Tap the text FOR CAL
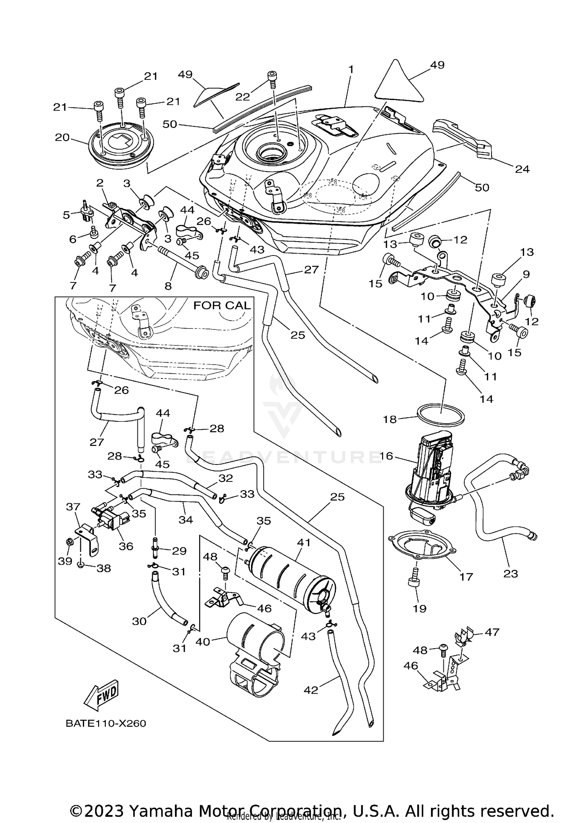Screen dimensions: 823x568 click(x=222, y=306)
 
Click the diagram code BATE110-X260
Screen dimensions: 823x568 click(x=106, y=723)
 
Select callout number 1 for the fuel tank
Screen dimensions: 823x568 click(x=351, y=70)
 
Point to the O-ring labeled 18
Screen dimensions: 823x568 click(x=441, y=416)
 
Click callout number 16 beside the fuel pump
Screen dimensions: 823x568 click(x=386, y=456)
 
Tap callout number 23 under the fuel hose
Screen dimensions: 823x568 click(x=510, y=574)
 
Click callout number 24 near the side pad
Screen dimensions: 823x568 click(x=522, y=169)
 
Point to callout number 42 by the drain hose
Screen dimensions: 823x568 click(x=311, y=690)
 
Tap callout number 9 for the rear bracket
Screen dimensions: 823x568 click(x=527, y=274)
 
